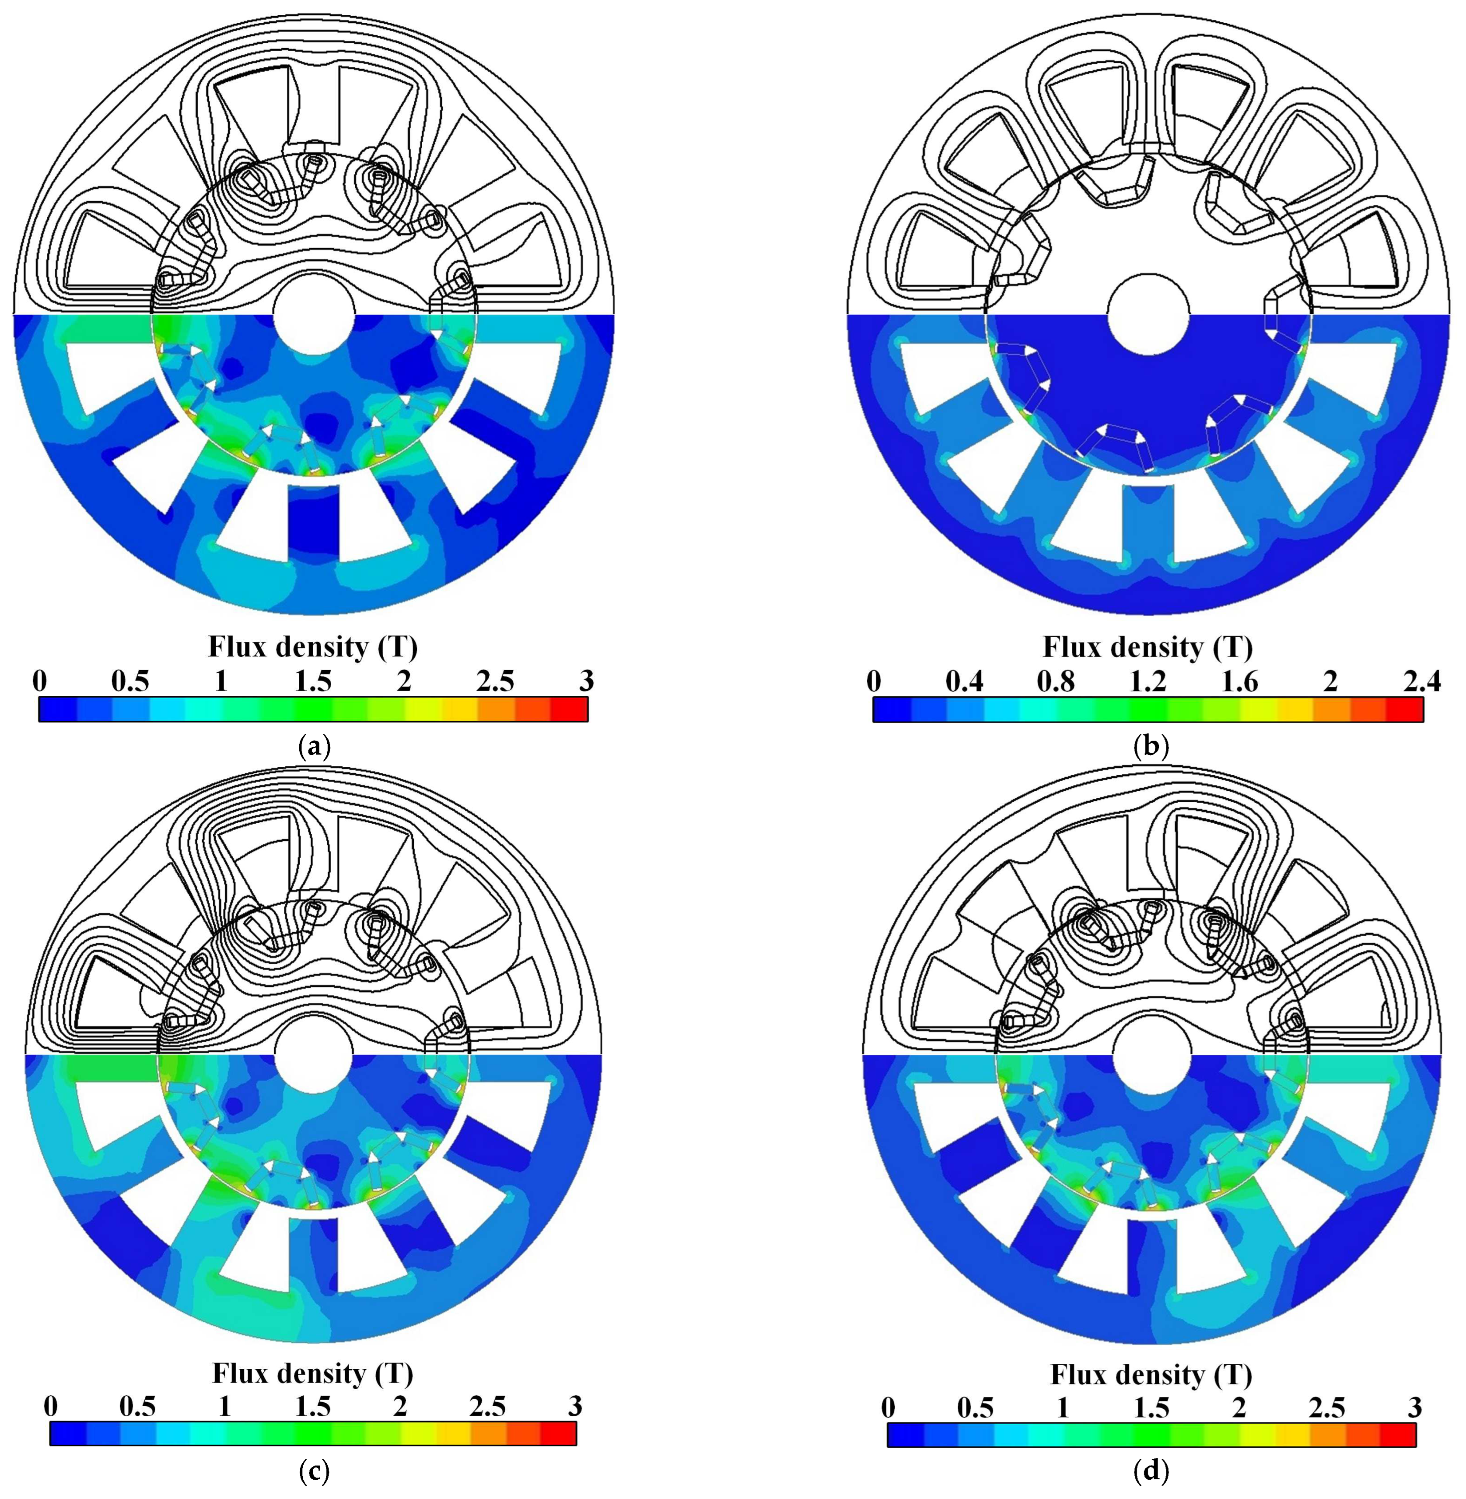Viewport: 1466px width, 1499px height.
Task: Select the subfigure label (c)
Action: [313, 1472]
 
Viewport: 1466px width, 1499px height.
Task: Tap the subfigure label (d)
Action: [1151, 1472]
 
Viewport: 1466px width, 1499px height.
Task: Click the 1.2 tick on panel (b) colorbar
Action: [1148, 682]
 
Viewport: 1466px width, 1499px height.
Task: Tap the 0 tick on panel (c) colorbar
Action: [51, 1407]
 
